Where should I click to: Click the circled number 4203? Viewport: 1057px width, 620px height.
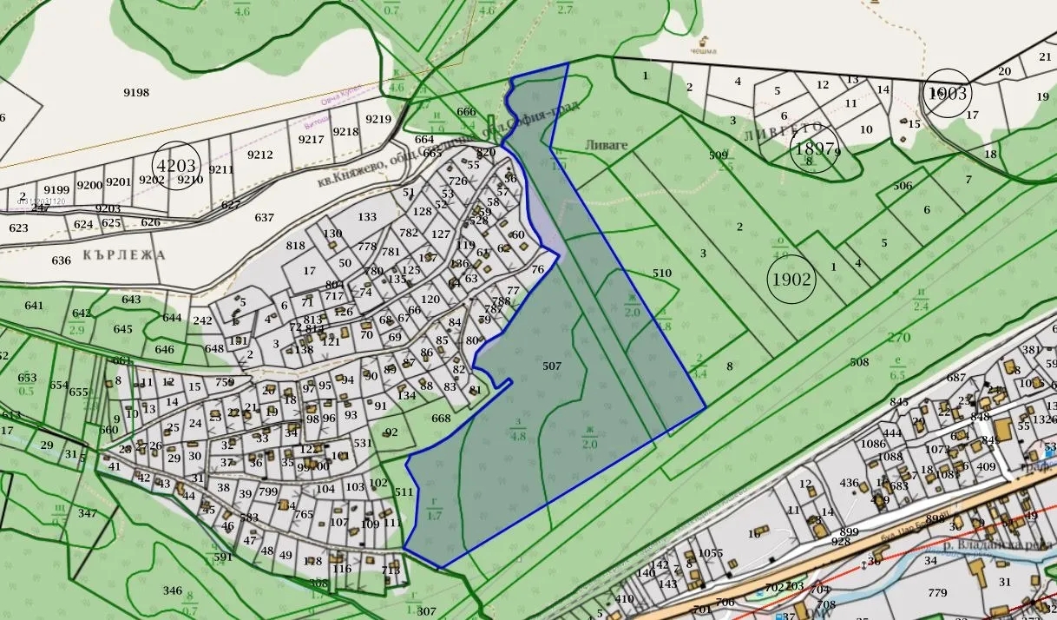pos(176,164)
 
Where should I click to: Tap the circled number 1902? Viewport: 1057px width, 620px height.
pos(791,280)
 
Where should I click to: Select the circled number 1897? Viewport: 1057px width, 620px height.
pos(812,149)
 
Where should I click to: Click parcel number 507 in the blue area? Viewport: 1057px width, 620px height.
pos(552,366)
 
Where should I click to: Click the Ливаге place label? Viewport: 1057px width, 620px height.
pos(606,146)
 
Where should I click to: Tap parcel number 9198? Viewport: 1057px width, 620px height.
pos(136,93)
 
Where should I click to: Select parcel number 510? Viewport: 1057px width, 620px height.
pos(661,274)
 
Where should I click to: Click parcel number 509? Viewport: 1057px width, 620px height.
pos(718,155)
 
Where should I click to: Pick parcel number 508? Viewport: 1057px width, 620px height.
pos(859,362)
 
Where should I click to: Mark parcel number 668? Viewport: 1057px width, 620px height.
pos(441,419)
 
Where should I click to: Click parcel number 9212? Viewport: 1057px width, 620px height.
pos(259,155)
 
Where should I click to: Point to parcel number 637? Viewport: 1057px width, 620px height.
pos(264,217)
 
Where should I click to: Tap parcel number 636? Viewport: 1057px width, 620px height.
pos(61,261)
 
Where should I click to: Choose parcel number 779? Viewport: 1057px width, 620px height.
pos(936,594)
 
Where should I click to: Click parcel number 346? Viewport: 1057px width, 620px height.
pos(173,591)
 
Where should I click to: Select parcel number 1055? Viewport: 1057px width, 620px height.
pos(710,554)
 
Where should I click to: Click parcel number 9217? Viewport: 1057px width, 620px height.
pos(312,139)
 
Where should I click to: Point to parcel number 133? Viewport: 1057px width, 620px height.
pos(367,217)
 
